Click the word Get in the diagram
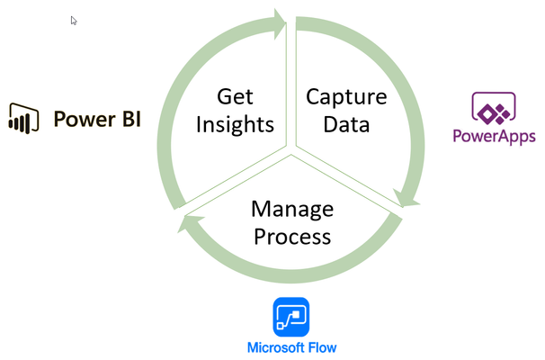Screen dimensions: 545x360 click(x=235, y=96)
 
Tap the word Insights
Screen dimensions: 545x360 click(x=235, y=125)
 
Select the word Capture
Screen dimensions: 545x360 click(x=346, y=97)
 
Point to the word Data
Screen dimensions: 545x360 click(x=346, y=124)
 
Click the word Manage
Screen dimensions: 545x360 click(x=292, y=210)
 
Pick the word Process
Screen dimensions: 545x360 click(x=292, y=237)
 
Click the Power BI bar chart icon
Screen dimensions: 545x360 click(x=23, y=118)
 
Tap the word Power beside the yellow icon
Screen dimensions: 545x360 click(x=85, y=120)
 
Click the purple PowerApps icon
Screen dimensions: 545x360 click(x=494, y=108)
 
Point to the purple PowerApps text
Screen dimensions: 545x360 click(x=494, y=136)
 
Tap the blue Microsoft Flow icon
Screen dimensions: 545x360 click(x=291, y=317)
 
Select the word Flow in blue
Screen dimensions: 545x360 click(x=322, y=347)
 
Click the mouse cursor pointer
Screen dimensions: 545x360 click(x=74, y=21)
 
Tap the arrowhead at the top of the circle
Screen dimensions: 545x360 click(x=280, y=23)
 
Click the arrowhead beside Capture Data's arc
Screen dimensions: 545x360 click(x=406, y=198)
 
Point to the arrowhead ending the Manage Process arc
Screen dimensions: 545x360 click(x=190, y=222)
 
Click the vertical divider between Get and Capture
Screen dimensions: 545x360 click(x=291, y=84)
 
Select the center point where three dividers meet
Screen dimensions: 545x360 click(x=291, y=150)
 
